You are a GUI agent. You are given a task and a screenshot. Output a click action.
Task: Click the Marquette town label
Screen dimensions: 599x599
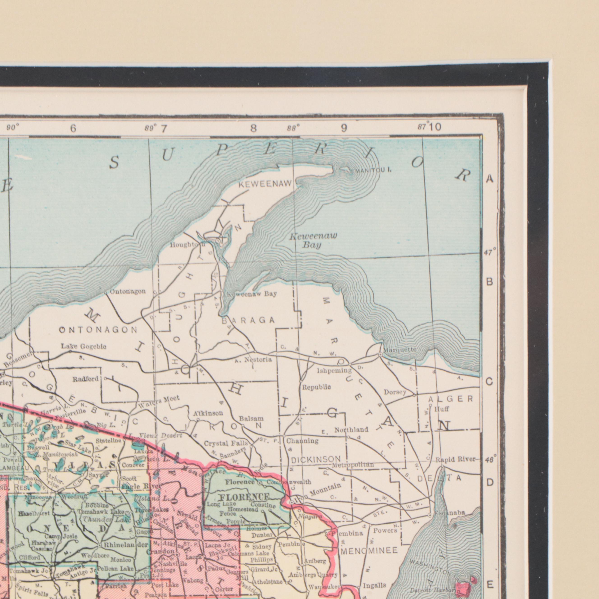pos(400,350)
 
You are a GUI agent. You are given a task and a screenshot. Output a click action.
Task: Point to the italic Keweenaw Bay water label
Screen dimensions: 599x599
pos(313,241)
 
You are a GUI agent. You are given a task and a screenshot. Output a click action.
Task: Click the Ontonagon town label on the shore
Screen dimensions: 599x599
pos(127,291)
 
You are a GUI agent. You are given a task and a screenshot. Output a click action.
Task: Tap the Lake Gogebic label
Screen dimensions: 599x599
pos(84,346)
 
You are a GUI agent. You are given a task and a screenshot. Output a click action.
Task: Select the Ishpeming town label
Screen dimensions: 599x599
pos(334,371)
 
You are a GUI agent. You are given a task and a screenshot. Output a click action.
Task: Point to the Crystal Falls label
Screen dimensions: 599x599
pos(226,443)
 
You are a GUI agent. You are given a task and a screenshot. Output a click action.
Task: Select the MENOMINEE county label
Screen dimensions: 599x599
pos(369,551)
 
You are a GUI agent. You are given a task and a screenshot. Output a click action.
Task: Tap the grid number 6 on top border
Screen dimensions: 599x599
pos(73,128)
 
